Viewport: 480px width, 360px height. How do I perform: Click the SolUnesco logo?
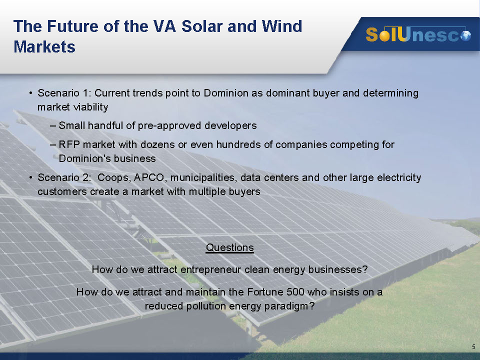[x=418, y=34]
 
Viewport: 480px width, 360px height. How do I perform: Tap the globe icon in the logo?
[x=466, y=36]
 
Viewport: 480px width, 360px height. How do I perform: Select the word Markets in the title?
[x=44, y=47]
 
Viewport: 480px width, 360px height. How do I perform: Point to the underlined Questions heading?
[x=230, y=247]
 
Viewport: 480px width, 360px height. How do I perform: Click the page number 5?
[x=473, y=347]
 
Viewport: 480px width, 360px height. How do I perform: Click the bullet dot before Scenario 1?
[x=30, y=93]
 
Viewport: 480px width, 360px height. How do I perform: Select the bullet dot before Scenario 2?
[x=30, y=177]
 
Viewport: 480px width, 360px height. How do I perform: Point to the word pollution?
[x=206, y=306]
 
